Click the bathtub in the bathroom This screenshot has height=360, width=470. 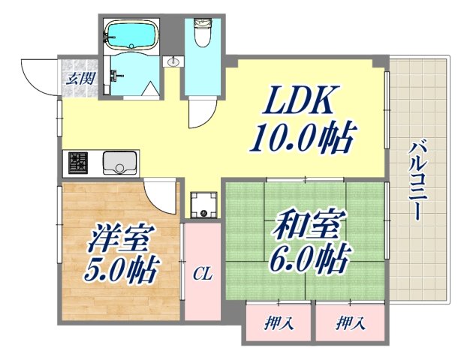click(x=131, y=34)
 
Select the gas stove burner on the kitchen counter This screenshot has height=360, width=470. click(x=79, y=161)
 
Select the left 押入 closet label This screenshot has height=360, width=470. click(x=278, y=324)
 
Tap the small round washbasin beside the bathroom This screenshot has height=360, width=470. click(x=174, y=62)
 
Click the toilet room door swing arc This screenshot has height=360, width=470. click(x=200, y=112)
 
